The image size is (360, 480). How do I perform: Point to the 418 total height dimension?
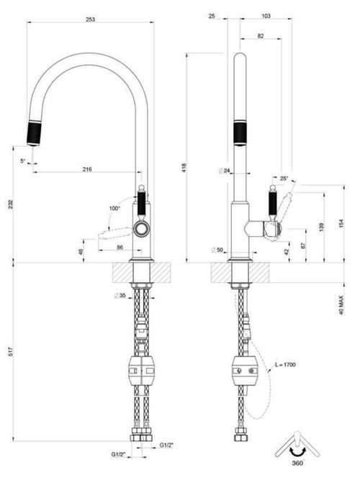click(184, 167)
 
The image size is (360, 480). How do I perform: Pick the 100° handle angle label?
click(114, 208)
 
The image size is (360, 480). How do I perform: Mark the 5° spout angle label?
click(24, 160)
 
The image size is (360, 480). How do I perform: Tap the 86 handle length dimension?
click(120, 247)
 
